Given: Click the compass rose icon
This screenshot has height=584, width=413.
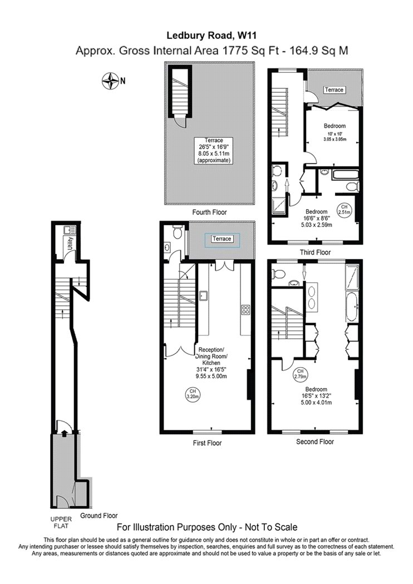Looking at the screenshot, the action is (110, 81).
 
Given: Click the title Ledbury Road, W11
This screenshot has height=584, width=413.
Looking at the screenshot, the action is (212, 36).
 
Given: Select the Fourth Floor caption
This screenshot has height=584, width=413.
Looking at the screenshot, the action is (209, 212).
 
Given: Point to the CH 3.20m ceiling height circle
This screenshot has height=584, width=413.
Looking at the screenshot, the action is (193, 394).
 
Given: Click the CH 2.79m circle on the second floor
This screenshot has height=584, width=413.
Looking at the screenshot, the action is (301, 374).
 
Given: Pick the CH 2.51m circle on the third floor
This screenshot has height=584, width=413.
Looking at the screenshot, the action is (345, 210).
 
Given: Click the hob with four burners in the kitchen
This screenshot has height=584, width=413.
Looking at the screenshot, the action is (245, 310).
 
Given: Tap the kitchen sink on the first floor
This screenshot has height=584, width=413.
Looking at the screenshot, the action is (203, 296).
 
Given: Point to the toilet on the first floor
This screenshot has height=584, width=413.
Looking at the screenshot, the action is (178, 231).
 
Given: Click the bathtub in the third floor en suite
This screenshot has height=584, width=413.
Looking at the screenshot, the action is (344, 174).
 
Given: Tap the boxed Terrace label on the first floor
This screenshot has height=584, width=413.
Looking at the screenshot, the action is (222, 239).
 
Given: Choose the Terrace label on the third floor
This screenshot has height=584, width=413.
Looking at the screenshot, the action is (334, 90).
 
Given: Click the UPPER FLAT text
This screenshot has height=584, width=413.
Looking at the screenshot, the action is (61, 522).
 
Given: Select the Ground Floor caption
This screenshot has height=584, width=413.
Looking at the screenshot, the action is (99, 516).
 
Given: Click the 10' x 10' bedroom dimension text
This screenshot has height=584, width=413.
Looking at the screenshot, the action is (335, 133).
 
